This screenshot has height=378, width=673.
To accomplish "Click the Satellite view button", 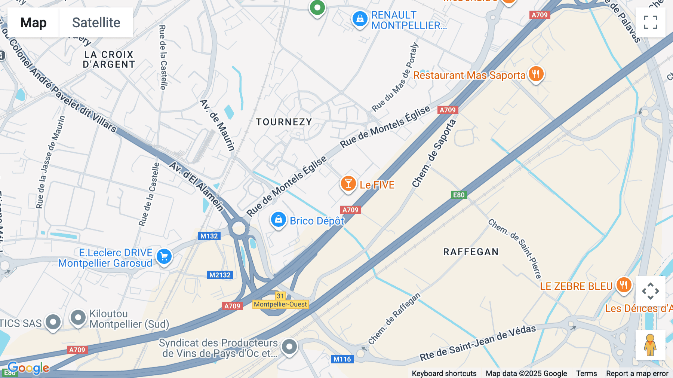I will point(96,22).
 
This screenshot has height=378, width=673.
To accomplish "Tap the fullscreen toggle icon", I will point(650,22).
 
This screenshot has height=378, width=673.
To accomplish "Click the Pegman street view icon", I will point(650,345).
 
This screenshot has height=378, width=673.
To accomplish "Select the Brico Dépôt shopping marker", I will point(278,220).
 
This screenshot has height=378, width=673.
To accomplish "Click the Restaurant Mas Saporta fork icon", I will point(536,74).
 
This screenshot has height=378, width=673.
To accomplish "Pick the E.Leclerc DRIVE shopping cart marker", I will point(164,257).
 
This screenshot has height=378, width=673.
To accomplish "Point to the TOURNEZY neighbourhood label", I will point(284,122).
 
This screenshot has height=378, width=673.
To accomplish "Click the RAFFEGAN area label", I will point(471,252).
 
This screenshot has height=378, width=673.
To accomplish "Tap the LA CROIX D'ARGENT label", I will point(109,60).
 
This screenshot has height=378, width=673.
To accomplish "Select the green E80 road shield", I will point(458,195).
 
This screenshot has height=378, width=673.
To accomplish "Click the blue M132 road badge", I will point(209,236).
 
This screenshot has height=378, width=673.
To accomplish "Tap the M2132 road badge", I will point(220,275).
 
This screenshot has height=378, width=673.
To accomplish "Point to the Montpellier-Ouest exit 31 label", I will point(280,304).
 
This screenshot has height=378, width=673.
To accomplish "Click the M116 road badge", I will point(342,359).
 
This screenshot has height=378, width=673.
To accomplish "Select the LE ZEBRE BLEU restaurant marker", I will point(623,285).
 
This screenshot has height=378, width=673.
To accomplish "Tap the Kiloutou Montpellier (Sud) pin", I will point(78,318).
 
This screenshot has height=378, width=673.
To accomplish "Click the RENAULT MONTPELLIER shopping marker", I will point(360,18).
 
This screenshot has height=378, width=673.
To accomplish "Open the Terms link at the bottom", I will point(586,374).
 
